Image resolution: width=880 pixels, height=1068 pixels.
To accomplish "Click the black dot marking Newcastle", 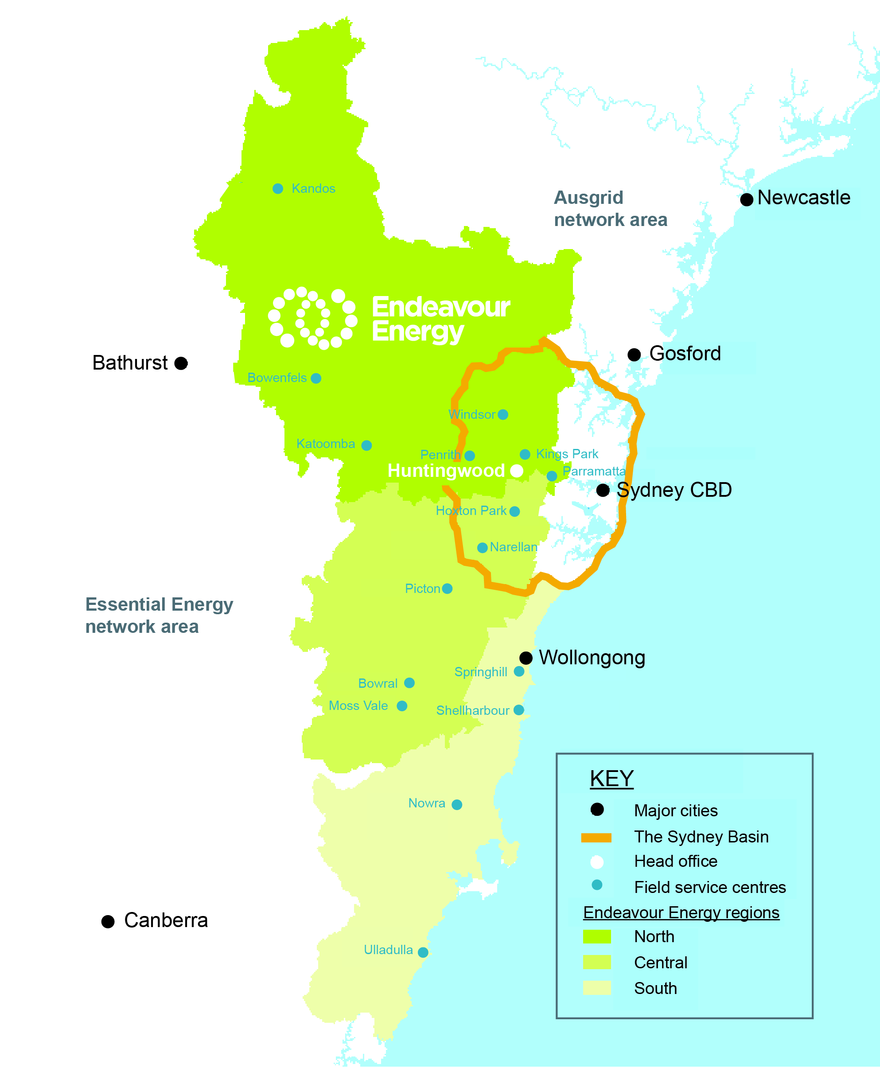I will (x=746, y=200).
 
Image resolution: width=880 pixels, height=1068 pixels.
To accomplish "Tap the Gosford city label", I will (x=685, y=354).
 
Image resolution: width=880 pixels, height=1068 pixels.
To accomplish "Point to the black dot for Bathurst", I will (x=181, y=363).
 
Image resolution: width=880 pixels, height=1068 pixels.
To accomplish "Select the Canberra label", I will (x=166, y=920).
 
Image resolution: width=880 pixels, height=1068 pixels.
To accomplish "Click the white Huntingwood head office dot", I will (x=517, y=471).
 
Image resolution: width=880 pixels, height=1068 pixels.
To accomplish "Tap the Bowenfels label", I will (x=277, y=378).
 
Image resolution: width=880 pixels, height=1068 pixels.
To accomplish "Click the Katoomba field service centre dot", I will (x=366, y=445).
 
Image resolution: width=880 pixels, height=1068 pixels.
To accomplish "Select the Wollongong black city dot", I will (x=526, y=658).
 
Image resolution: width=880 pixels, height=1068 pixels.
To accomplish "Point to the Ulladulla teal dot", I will (x=423, y=952).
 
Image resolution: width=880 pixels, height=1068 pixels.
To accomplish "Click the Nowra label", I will (x=427, y=803).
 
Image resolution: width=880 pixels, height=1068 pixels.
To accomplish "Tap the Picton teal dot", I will (x=447, y=589).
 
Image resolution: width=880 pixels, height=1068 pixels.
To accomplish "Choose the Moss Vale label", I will (x=358, y=706).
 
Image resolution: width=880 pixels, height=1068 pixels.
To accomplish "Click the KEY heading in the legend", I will (x=612, y=779).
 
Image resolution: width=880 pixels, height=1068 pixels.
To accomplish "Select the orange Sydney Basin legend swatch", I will (x=596, y=838).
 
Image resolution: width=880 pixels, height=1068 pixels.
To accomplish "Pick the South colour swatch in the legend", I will (x=596, y=988).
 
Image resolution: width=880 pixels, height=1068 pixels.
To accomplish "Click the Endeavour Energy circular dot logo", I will (x=313, y=318).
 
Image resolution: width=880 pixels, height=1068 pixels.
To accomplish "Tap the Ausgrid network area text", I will (x=610, y=209).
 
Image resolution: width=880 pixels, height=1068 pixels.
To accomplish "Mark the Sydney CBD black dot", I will (x=603, y=490).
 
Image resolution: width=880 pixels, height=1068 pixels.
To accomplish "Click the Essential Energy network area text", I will (x=159, y=616).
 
